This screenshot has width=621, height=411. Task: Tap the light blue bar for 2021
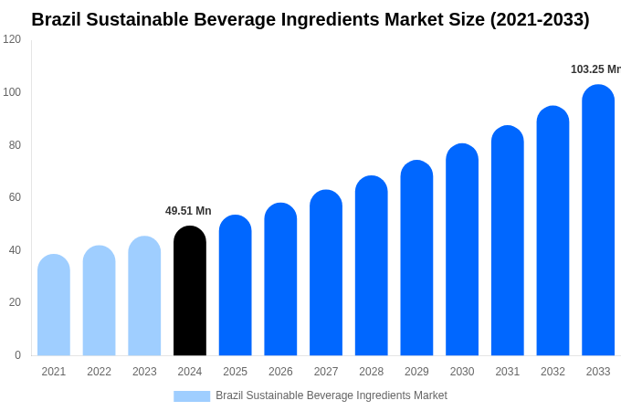pos(54,305)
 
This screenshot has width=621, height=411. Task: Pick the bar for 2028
pos(371,266)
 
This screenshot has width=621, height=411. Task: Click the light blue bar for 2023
pos(144,296)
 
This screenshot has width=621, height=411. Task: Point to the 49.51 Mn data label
pos(188,211)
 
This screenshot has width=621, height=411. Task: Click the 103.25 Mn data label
pos(595,69)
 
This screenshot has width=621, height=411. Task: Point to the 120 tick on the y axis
pos(12,39)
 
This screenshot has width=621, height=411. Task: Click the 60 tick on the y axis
pos(15,197)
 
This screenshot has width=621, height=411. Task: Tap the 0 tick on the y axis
pos(17,355)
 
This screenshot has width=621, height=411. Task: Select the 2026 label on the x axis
pos(280,372)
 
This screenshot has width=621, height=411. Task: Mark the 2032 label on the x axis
pos(553,372)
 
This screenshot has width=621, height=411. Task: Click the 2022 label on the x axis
pos(99,372)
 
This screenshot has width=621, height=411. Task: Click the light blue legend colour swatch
pos(192,396)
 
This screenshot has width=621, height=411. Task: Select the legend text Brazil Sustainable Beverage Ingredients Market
pos(332,395)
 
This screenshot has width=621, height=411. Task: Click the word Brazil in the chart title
pos(56,19)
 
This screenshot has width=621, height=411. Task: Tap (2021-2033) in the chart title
pos(540,19)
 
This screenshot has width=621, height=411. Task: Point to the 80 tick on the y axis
pos(15,144)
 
